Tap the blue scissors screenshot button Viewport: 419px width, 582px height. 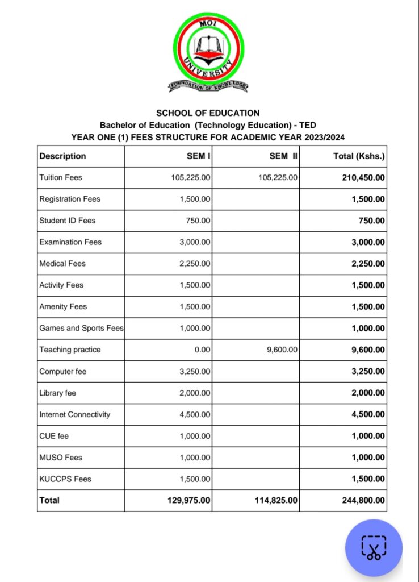click(374, 548)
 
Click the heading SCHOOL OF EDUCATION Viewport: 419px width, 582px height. click(208, 113)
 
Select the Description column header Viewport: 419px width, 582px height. click(62, 156)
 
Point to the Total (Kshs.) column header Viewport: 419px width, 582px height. click(359, 156)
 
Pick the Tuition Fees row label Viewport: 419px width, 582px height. click(61, 177)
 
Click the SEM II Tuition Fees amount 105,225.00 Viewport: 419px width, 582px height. click(278, 177)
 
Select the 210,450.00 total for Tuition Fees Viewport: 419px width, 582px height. click(363, 177)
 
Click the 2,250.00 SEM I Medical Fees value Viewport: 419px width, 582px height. click(195, 264)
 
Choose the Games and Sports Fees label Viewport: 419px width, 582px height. click(81, 328)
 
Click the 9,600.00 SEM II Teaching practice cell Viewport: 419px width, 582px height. click(282, 350)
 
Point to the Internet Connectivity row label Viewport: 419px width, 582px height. click(74, 414)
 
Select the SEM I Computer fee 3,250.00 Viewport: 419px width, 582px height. click(195, 371)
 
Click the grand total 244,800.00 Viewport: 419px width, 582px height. click(363, 500)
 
